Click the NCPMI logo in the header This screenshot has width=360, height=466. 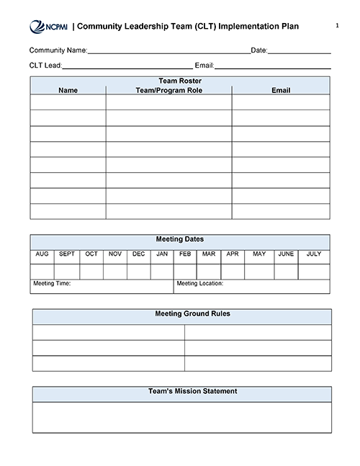click(x=48, y=27)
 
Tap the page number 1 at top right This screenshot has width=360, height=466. click(x=337, y=26)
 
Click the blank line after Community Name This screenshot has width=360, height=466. click(x=168, y=51)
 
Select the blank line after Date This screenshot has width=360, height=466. click(x=300, y=51)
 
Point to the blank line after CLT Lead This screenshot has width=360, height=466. click(x=127, y=66)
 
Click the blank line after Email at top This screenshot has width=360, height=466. click(x=274, y=66)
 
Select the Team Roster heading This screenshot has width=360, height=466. click(x=180, y=81)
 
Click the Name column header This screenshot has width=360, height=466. click(x=68, y=91)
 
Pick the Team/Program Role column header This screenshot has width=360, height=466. click(x=168, y=91)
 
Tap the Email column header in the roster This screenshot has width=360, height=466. click(x=281, y=91)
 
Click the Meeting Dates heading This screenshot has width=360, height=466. click(x=180, y=239)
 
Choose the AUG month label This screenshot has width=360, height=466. click(x=42, y=254)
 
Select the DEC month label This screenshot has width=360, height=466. click(x=139, y=254)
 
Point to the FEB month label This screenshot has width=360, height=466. click(x=185, y=254)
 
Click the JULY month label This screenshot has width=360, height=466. click(x=314, y=254)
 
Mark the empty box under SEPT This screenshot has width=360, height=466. click(x=67, y=271)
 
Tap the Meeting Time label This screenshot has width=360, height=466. click(x=52, y=284)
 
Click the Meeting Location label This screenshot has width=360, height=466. click(x=200, y=284)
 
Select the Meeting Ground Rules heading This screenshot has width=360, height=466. click(x=183, y=314)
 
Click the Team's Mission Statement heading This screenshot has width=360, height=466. click(x=183, y=392)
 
